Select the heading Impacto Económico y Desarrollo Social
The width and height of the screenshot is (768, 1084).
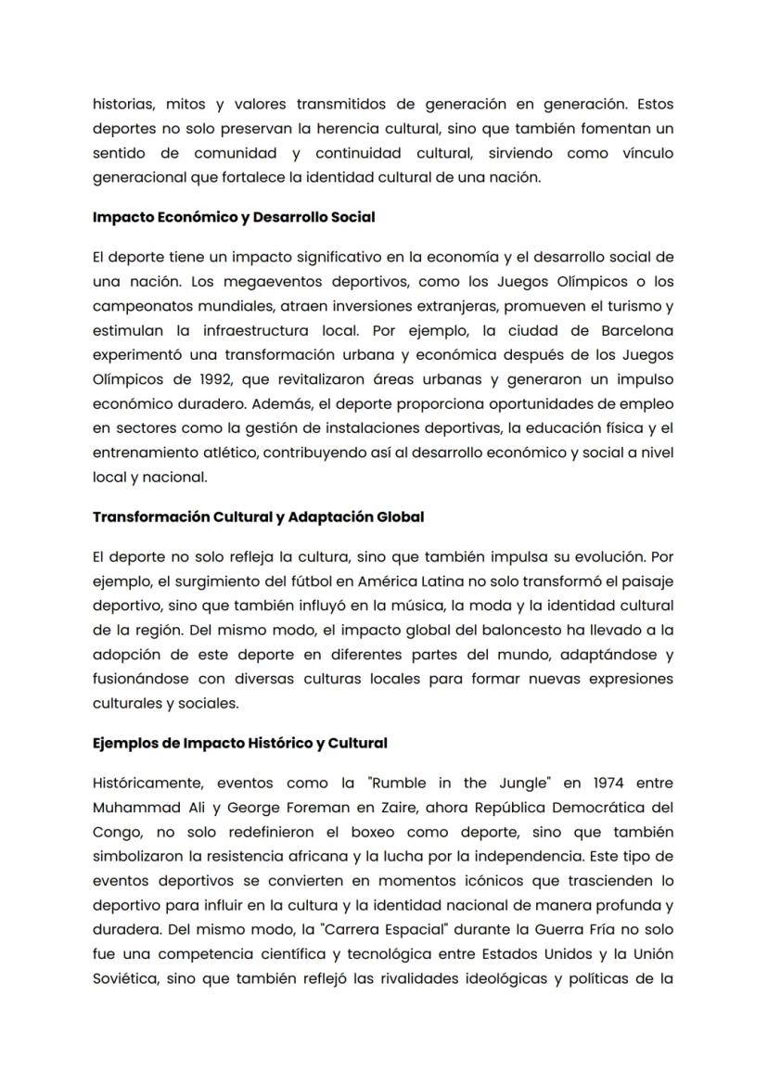(234, 217)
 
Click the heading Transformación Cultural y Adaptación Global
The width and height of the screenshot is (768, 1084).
(258, 517)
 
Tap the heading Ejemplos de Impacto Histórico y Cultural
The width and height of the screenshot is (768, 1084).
(239, 743)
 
